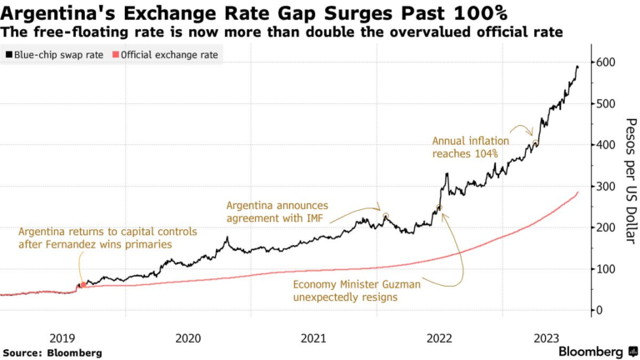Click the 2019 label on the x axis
62,337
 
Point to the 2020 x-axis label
187,337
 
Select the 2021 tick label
313,337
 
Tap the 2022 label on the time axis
439,337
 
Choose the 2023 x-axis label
546,337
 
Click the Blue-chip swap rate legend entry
57,54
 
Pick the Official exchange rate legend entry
167,54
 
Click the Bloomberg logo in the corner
592,352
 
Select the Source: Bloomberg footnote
52,352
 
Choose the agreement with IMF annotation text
277,212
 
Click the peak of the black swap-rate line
577,67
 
